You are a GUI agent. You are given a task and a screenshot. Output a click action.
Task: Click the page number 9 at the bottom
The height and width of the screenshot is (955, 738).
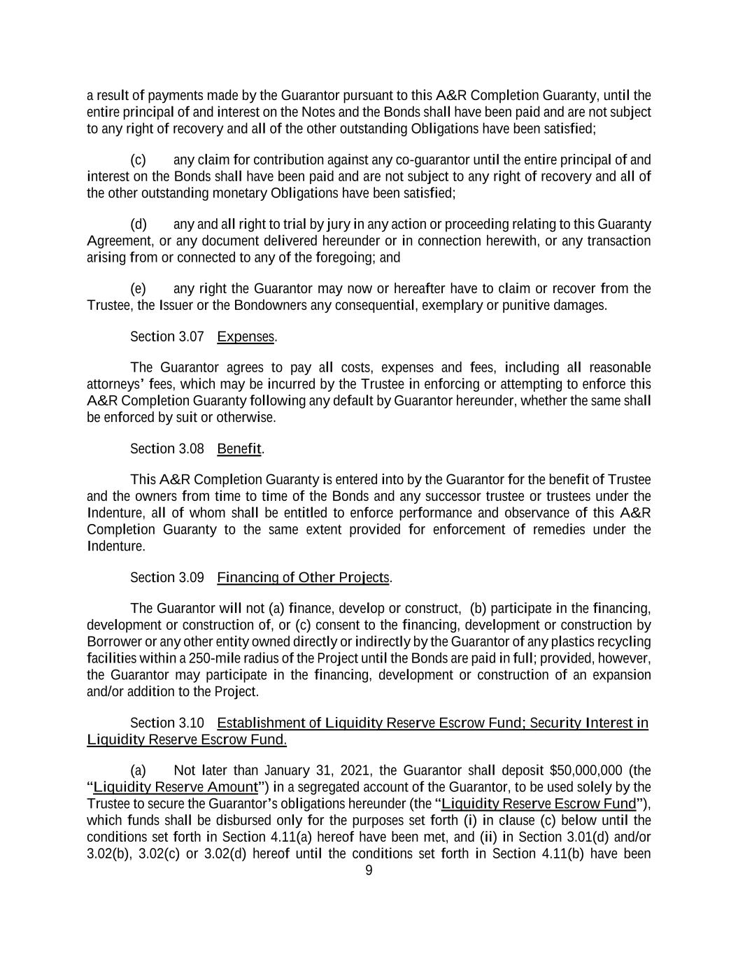click(369, 871)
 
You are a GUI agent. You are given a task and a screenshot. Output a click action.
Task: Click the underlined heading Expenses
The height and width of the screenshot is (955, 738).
click(246, 337)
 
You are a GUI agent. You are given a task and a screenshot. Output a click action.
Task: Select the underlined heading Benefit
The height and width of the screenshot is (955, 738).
click(239, 448)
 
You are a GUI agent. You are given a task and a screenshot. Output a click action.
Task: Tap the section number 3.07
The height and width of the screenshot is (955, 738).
click(191, 337)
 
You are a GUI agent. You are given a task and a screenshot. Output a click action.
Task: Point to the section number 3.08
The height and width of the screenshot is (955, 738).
click(191, 448)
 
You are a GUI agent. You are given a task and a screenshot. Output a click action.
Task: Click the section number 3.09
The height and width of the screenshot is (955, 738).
click(191, 577)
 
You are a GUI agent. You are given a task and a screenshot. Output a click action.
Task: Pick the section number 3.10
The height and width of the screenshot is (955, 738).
click(191, 723)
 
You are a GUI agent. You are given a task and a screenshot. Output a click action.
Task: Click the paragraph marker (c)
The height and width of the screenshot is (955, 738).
click(138, 160)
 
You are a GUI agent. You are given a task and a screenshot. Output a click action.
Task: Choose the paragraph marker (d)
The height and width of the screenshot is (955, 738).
click(139, 225)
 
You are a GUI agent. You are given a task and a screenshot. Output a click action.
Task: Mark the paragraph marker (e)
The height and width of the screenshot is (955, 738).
click(139, 289)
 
